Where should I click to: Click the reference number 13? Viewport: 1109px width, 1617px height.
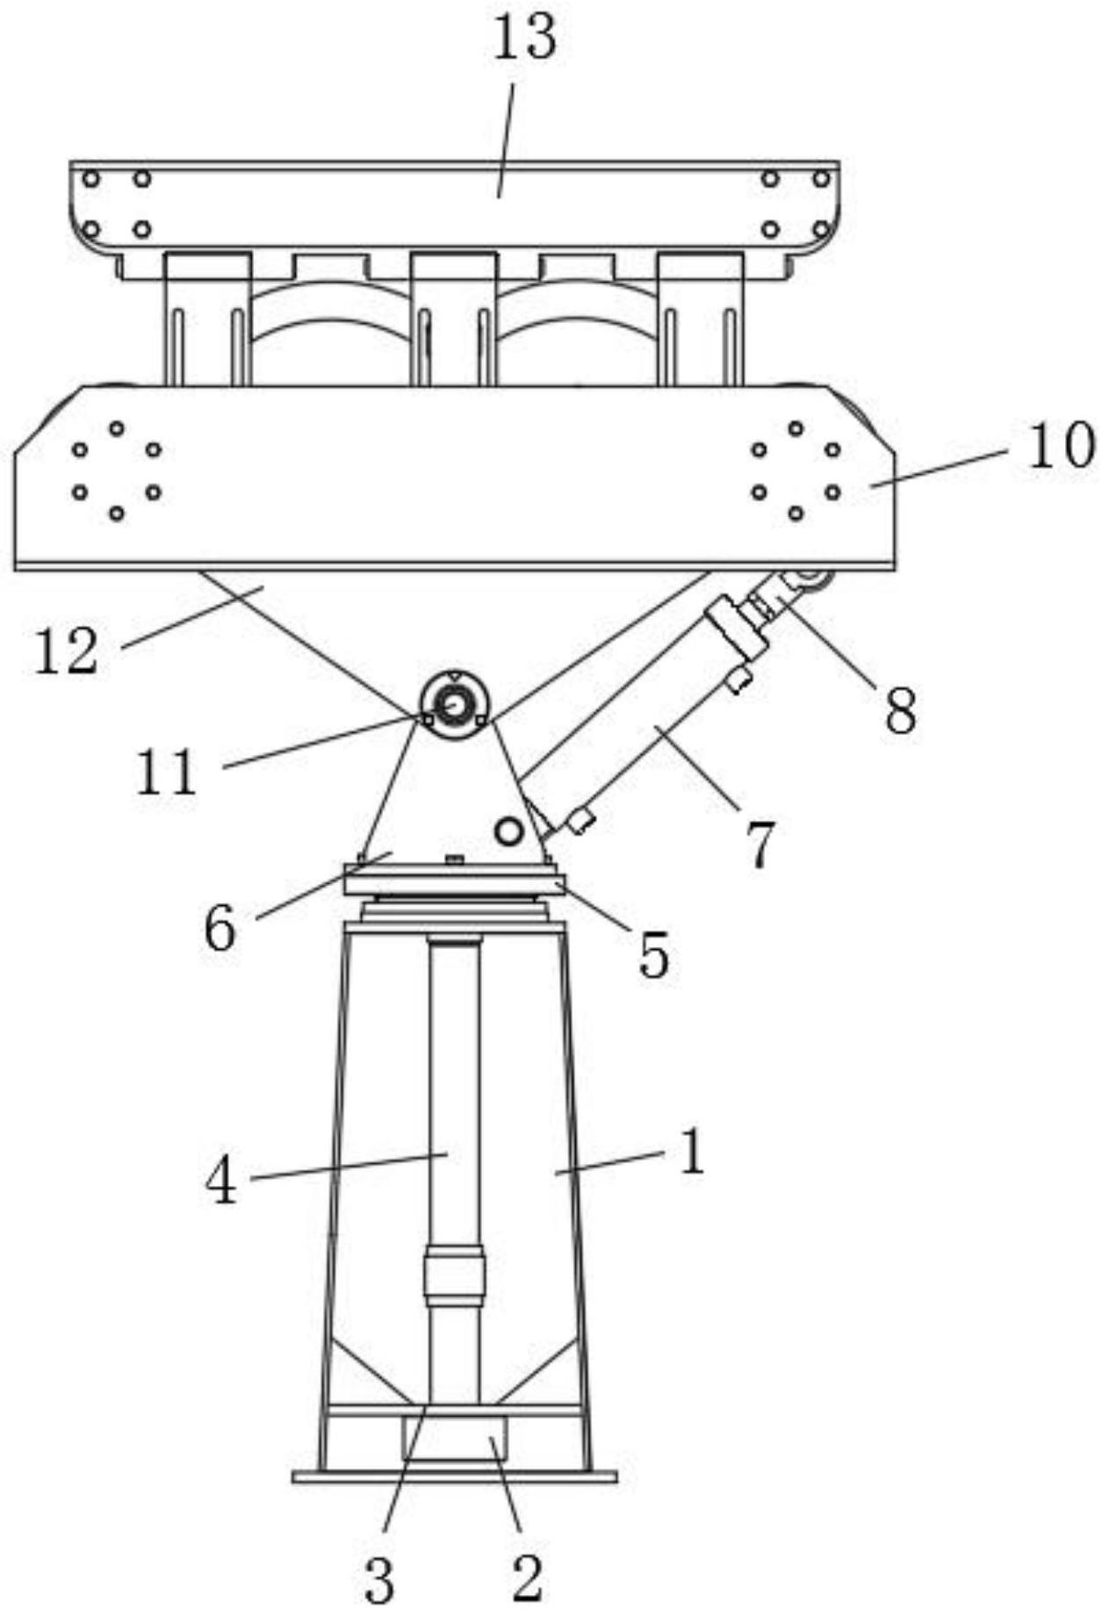click(524, 38)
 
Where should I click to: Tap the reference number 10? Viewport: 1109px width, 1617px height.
click(1062, 445)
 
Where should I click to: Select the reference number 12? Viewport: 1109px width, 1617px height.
click(66, 651)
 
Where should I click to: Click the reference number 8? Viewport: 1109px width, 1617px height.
click(901, 709)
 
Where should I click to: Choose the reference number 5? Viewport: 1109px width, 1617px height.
click(653, 954)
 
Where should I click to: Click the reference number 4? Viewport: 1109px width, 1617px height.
click(220, 1181)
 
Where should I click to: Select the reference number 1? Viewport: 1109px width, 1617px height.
click(693, 1152)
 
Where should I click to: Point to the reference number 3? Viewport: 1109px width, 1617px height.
click(378, 1580)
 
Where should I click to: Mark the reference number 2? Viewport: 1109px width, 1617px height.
click(527, 1577)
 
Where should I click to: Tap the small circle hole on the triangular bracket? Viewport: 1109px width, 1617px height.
click(508, 830)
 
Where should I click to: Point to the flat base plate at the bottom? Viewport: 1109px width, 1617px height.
click(454, 1477)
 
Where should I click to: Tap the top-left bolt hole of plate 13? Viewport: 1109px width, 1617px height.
click(90, 179)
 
